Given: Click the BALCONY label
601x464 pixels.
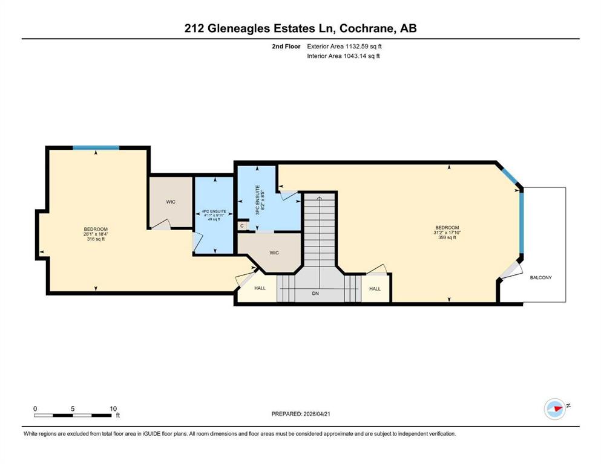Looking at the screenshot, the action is pos(540,277).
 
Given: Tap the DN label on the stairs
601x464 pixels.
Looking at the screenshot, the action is pos(315,294).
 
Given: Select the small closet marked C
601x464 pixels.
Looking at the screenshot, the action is pos(242,226).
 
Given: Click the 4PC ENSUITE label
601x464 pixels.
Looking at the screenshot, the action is pos(214,211).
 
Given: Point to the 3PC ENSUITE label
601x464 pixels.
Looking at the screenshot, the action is pos(258,199).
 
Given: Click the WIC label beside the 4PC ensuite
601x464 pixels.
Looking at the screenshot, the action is pos(171,202).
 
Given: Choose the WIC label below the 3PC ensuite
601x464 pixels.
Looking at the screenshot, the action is pos(274,253).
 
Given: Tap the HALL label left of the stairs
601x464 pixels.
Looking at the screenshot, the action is pos(260,288).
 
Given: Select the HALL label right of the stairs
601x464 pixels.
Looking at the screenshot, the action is pos(375,289).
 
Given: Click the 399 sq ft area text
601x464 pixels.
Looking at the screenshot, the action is pos(447,237).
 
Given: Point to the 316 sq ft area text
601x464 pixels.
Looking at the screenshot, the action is pos(96,239).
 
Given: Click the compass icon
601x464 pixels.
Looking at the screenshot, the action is pos(554,408).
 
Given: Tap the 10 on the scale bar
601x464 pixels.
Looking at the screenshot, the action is pos(113,408).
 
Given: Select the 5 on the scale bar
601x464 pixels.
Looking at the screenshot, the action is pos(73,408).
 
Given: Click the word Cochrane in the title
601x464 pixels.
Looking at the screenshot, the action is pos(366,28).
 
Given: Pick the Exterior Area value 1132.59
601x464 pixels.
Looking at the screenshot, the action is pos(358,47).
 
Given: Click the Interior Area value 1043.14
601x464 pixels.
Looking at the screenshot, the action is pos(356,56).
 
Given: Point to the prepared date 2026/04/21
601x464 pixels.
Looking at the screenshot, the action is pos(317,414).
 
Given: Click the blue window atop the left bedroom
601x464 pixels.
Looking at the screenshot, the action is pos(96,147).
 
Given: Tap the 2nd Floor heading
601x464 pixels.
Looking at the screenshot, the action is pos(286,47).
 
